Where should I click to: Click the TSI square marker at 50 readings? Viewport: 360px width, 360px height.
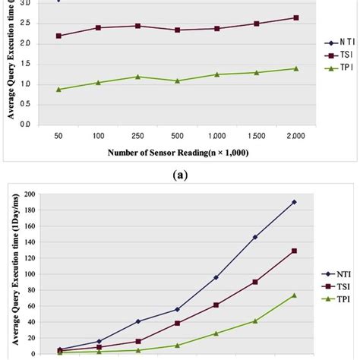click(x=59, y=36)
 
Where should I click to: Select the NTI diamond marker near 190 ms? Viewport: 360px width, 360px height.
click(x=294, y=202)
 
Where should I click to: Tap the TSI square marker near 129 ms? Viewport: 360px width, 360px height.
click(x=294, y=251)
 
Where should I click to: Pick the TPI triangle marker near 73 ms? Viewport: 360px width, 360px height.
click(x=294, y=295)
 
